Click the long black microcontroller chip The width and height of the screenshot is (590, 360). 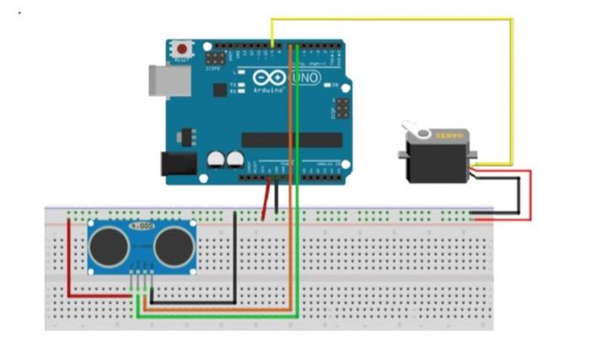click(x=292, y=139)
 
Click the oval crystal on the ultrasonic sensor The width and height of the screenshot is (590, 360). click(x=142, y=227)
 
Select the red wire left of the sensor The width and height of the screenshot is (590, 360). click(x=68, y=261)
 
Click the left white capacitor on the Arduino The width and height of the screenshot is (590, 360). click(x=217, y=159)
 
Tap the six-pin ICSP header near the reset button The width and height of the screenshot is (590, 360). click(x=215, y=59)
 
